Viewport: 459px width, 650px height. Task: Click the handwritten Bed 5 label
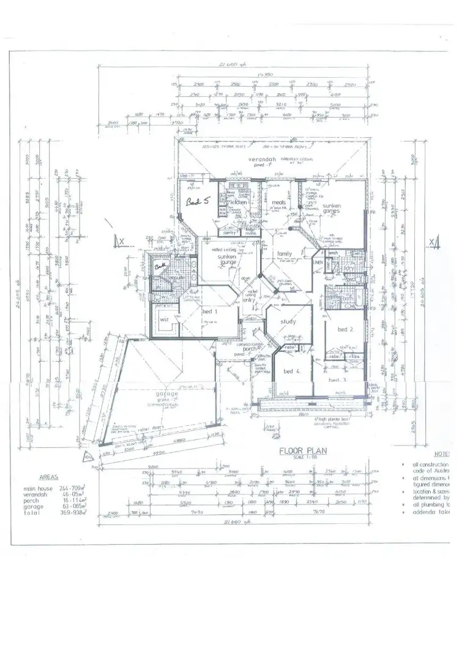[x=197, y=201]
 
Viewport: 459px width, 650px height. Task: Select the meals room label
[x=280, y=203]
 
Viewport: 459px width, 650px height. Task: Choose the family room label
[x=285, y=253]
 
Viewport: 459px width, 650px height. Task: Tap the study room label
[x=288, y=321]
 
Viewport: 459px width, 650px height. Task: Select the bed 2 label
[x=346, y=329]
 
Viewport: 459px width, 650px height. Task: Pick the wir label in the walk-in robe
[x=164, y=319]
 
